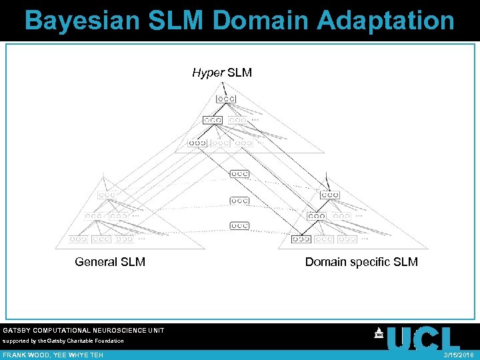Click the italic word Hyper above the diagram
click(208, 73)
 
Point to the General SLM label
click(110, 262)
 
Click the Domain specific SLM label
click(361, 262)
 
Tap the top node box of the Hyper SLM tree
click(225, 99)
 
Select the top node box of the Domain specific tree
click(329, 195)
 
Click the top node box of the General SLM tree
click(107, 195)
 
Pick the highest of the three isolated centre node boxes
click(240, 174)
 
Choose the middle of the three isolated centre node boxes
click(240, 200)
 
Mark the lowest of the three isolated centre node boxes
click(240, 225)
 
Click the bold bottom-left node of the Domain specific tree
click(301, 239)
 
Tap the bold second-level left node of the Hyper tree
click(212, 121)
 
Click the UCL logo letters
click(423, 339)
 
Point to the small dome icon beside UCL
click(379, 333)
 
